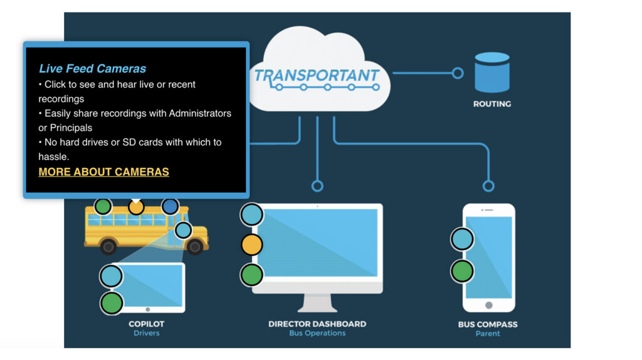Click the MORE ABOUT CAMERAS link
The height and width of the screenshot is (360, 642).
(x=103, y=172)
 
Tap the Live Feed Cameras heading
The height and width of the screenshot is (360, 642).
(x=92, y=69)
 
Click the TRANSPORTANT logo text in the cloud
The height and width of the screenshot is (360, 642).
(x=317, y=76)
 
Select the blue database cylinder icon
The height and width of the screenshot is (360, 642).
(x=492, y=73)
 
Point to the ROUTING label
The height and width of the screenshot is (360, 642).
(x=492, y=104)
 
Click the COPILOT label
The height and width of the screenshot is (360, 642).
(x=146, y=324)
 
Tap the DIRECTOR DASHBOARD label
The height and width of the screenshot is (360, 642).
(x=317, y=324)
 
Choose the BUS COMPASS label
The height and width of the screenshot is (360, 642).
(x=488, y=325)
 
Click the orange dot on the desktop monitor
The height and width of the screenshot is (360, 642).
(x=252, y=245)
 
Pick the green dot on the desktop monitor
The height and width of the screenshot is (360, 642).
(x=252, y=274)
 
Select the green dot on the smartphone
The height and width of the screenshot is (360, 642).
(x=463, y=271)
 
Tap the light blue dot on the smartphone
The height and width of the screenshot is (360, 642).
(x=463, y=239)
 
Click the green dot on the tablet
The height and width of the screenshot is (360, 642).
(x=112, y=303)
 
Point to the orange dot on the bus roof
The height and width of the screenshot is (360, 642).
(x=136, y=206)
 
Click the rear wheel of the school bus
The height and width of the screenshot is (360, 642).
(x=108, y=246)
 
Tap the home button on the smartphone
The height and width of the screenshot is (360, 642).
(x=489, y=305)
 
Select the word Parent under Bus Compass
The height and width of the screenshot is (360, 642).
(x=488, y=334)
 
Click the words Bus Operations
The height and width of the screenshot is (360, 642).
(x=317, y=333)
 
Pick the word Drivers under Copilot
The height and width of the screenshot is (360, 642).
(x=146, y=333)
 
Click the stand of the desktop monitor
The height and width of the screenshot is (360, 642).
(x=317, y=303)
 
